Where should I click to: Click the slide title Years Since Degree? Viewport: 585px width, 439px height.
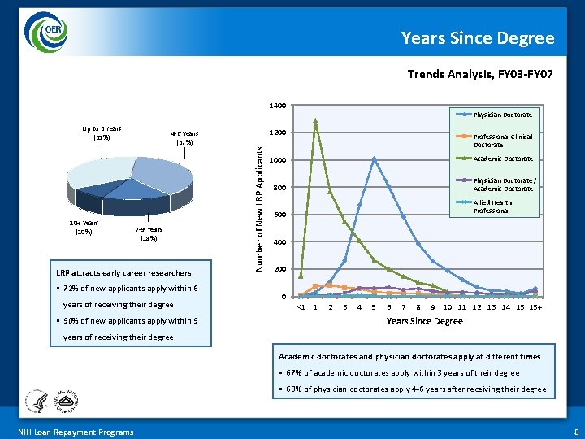point(478,38)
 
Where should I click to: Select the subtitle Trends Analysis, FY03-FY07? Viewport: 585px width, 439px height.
point(480,74)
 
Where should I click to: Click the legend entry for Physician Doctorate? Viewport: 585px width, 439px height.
point(503,115)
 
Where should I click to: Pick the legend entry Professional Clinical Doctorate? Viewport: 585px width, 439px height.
point(503,141)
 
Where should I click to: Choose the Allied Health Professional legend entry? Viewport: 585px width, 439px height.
point(492,206)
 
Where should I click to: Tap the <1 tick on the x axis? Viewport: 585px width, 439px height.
point(301,307)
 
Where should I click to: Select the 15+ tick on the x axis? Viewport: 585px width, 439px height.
point(535,307)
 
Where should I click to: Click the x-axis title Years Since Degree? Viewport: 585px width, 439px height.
point(424,321)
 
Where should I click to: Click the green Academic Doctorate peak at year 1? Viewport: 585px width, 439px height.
point(315,121)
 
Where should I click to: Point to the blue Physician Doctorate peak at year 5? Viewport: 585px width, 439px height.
point(374,159)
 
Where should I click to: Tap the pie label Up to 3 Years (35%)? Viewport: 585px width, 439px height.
point(102,133)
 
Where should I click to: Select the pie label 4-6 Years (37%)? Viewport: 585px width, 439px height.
point(184,137)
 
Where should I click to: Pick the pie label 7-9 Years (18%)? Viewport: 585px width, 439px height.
point(149,234)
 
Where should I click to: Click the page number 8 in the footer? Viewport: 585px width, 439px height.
point(574,432)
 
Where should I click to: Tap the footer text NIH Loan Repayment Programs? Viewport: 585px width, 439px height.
point(76,432)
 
